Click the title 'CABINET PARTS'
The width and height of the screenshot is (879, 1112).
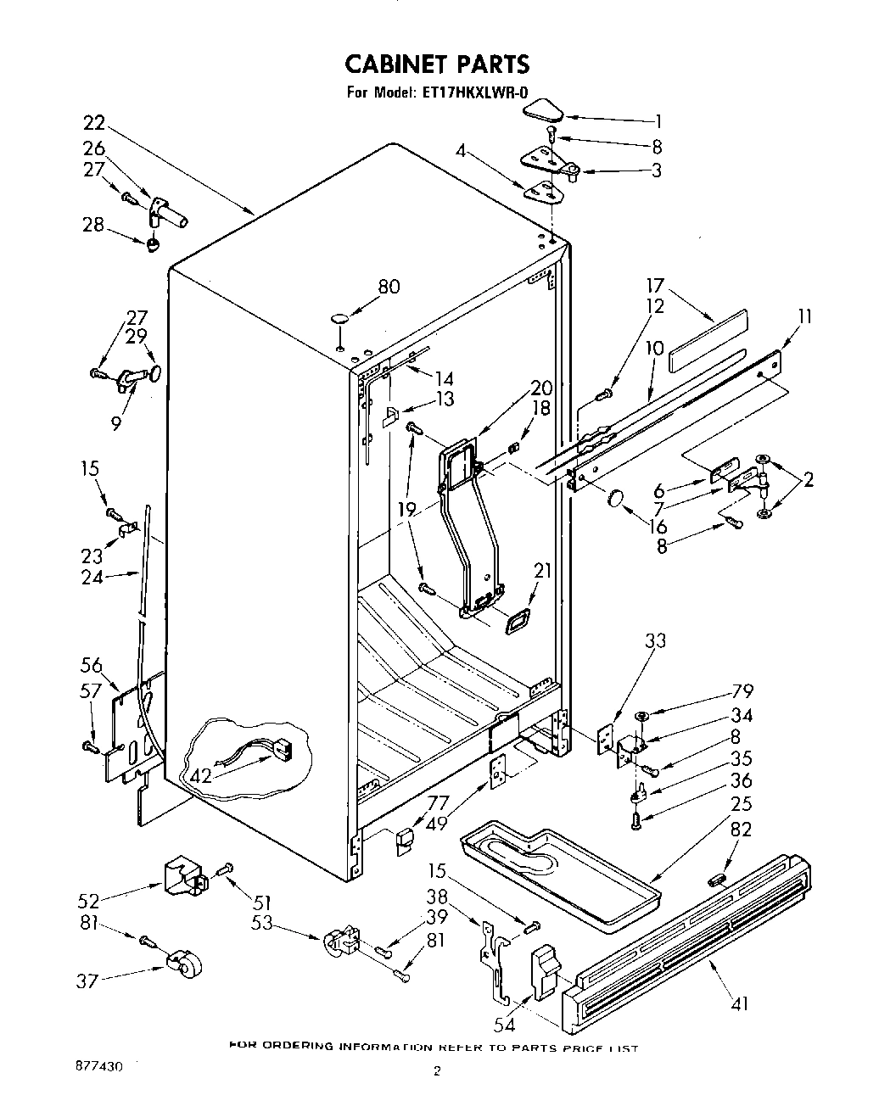coord(437,64)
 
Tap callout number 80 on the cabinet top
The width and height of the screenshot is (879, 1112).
coord(389,287)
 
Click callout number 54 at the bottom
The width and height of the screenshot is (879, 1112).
coord(506,1025)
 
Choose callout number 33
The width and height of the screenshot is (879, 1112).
coord(656,641)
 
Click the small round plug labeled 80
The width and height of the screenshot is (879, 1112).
coord(339,320)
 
